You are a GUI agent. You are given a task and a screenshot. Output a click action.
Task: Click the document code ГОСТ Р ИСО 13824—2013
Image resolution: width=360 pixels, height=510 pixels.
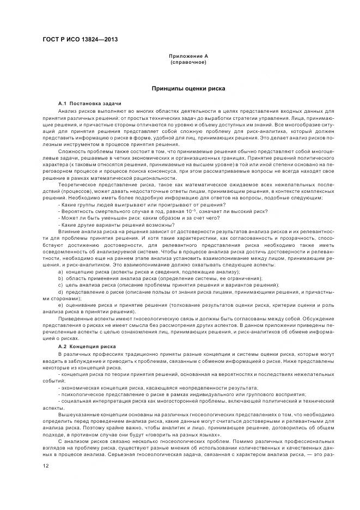tap(80, 40)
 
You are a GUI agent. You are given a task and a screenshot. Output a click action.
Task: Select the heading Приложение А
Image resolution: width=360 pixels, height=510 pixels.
tap(188, 56)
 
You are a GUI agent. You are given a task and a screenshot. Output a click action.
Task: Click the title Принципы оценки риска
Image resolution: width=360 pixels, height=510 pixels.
tap(188, 88)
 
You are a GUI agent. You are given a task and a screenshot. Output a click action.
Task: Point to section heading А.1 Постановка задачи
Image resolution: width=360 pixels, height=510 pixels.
tap(89, 104)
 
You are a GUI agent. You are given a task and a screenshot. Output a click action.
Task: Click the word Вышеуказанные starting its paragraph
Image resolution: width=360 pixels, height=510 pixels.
tap(77, 414)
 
